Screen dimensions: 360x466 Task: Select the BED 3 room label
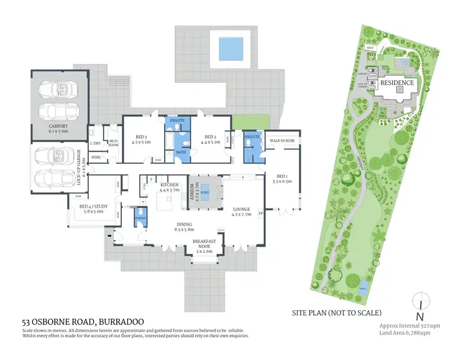click(141, 138)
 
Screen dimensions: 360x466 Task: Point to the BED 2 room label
click(209, 138)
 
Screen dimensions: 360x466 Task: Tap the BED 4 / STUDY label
click(91, 210)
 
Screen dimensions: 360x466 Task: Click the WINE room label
click(96, 157)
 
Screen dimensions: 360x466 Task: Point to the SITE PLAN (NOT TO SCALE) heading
click(336, 312)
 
